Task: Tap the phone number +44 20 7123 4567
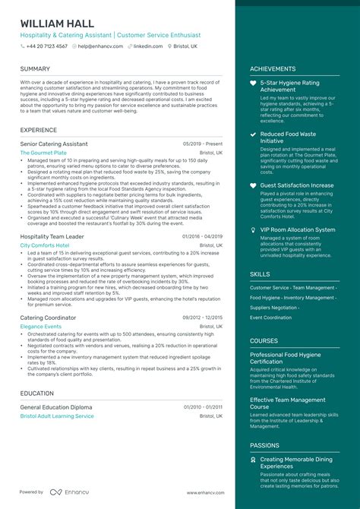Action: coord(47,46)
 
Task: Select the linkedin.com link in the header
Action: coord(148,46)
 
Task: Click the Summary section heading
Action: coord(35,68)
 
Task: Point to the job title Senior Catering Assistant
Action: coord(54,144)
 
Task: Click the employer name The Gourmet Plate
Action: coord(44,153)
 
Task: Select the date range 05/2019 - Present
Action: coord(203,144)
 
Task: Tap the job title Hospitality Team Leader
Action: coord(52,236)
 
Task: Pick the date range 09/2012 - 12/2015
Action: coord(203,318)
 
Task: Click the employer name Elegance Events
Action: coord(41,327)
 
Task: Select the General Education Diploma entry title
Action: coord(56,407)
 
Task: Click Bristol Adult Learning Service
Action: coord(57,416)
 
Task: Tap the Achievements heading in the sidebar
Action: coord(273,68)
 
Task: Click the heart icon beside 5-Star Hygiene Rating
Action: coord(254,82)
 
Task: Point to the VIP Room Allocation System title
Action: coord(298,229)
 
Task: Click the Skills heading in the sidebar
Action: coord(260,273)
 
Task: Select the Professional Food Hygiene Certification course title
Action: coord(288,359)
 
